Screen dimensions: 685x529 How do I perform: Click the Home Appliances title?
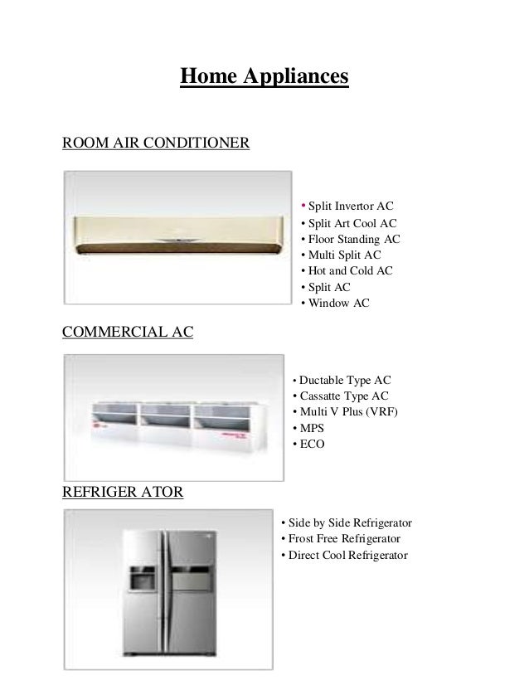tap(264, 78)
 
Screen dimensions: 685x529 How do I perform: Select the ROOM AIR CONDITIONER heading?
tap(156, 143)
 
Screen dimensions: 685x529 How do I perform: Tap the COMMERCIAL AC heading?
tap(128, 333)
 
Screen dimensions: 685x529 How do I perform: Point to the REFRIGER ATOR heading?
tap(124, 492)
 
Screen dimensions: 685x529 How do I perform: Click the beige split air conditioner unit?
tap(177, 236)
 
